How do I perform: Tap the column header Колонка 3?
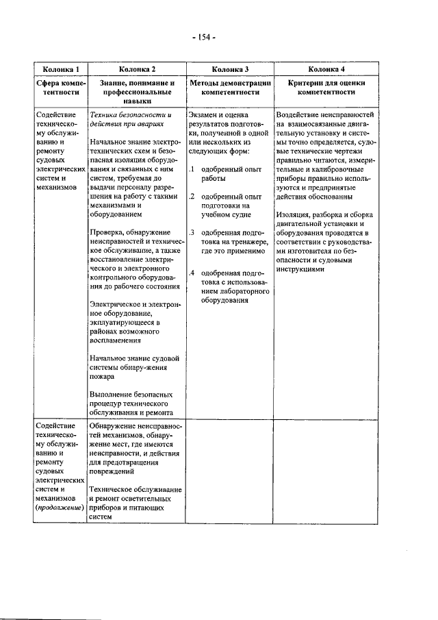[x=229, y=69]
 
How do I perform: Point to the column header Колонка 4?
[x=326, y=69]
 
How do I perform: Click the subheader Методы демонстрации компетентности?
[x=229, y=87]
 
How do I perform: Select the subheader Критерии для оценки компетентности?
[x=326, y=87]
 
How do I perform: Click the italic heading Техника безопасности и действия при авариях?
[x=130, y=120]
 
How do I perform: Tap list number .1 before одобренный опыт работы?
[x=193, y=169]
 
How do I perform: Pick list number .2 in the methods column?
[x=193, y=196]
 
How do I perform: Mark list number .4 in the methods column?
[x=193, y=273]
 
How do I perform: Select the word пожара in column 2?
[x=103, y=376]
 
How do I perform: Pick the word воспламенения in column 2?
[x=115, y=340]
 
